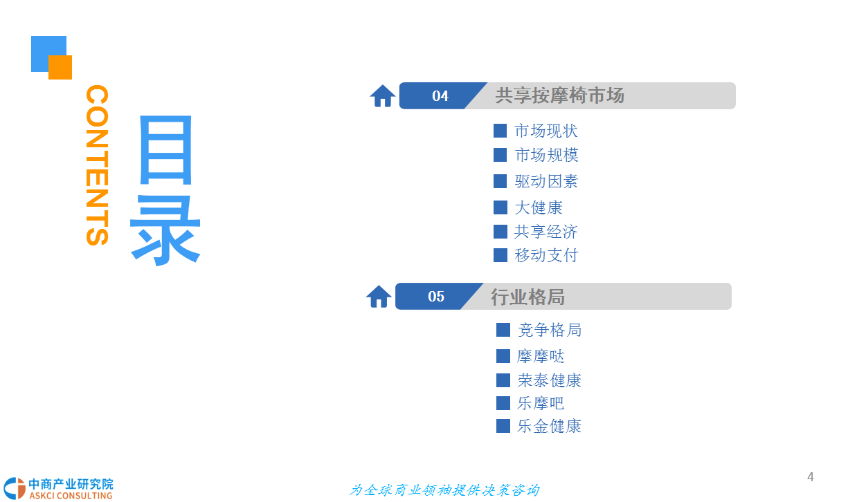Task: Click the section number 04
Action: coord(440,95)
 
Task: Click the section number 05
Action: coord(435,296)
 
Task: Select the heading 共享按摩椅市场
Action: coord(559,95)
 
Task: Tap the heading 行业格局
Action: coord(527,297)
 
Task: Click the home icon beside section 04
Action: coord(383,95)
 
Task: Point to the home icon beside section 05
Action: coord(379,297)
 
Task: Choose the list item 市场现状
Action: coord(546,131)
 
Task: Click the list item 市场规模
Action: coord(546,155)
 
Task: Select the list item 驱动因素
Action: coord(546,181)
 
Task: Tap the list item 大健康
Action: coord(538,207)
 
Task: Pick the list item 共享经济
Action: coord(545,232)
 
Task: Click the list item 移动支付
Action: coord(546,255)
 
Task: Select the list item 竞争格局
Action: coord(550,330)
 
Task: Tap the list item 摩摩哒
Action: coord(541,356)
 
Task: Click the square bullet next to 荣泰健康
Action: coord(503,380)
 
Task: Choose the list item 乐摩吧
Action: coord(541,403)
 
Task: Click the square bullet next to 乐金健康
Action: coord(503,426)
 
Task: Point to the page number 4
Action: coord(811,477)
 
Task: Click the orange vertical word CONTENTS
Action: coord(97,165)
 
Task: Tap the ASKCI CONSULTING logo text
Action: coord(71,496)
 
